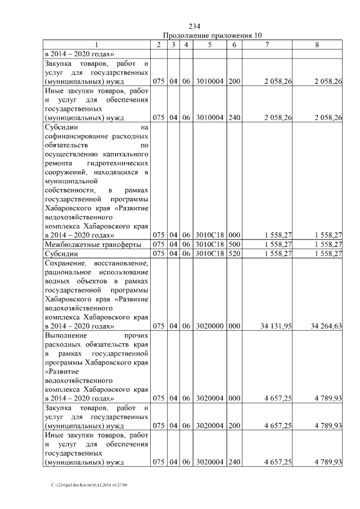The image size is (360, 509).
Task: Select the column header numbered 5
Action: pyautogui.click(x=209, y=44)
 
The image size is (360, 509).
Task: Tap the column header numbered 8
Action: pyautogui.click(x=318, y=44)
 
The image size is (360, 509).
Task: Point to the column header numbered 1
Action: pyautogui.click(x=96, y=44)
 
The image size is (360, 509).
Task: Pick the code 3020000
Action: pyautogui.click(x=209, y=326)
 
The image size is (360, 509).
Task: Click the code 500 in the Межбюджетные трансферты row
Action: pyautogui.click(x=235, y=244)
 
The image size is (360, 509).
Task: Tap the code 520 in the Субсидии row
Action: pyautogui.click(x=235, y=254)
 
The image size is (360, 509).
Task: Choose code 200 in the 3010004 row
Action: pyautogui.click(x=235, y=82)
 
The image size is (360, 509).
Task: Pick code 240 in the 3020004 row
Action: pyautogui.click(x=235, y=462)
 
